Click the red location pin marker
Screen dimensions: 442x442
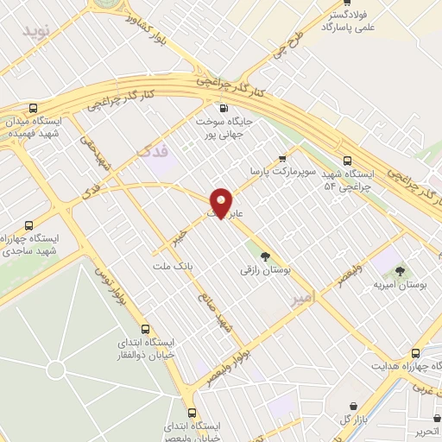pyautogui.click(x=222, y=202)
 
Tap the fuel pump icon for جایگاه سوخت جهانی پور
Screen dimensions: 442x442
pyautogui.click(x=224, y=108)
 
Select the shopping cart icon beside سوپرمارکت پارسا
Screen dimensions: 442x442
pyautogui.click(x=282, y=158)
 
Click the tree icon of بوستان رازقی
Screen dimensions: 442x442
pyautogui.click(x=265, y=256)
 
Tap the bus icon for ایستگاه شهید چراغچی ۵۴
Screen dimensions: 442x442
pyautogui.click(x=347, y=160)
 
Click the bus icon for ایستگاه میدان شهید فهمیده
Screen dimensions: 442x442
pyautogui.click(x=34, y=108)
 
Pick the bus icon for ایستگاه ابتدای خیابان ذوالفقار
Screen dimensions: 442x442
pyautogui.click(x=145, y=328)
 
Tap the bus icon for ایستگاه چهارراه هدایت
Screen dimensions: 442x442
pyautogui.click(x=416, y=352)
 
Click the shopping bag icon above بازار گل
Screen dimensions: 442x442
pyautogui.click(x=352, y=404)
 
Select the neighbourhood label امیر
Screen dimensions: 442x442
pyautogui.click(x=305, y=298)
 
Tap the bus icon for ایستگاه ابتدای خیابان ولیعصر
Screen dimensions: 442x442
pyautogui.click(x=192, y=412)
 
